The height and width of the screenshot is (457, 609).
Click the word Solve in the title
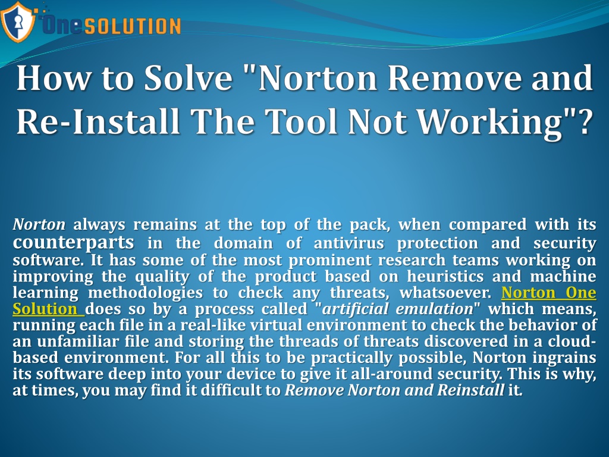pyautogui.click(x=190, y=79)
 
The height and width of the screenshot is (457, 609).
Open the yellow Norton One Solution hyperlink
pyautogui.click(x=548, y=293)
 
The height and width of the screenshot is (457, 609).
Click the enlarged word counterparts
pyautogui.click(x=73, y=243)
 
